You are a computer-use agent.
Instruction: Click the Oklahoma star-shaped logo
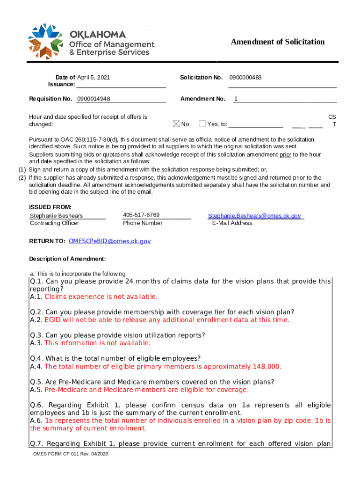click(x=46, y=41)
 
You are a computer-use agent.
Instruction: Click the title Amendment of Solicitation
click(x=277, y=42)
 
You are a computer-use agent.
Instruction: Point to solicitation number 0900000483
click(x=245, y=78)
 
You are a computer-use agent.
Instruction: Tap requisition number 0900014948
click(x=94, y=99)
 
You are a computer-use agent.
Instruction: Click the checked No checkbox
click(x=176, y=124)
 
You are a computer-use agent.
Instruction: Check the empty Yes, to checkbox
click(x=202, y=124)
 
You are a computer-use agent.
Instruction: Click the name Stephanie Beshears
click(x=56, y=216)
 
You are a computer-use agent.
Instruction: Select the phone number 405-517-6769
click(x=141, y=215)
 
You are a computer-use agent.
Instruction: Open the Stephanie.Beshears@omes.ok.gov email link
click(x=254, y=216)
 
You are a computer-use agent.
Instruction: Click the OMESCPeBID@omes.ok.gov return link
click(x=109, y=241)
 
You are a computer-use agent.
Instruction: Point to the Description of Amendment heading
click(x=67, y=259)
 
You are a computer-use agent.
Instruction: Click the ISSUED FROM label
click(x=50, y=207)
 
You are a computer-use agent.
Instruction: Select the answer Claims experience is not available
click(x=101, y=297)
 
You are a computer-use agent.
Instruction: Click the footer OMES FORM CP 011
click(x=70, y=454)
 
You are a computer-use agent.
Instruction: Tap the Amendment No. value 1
click(x=236, y=99)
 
